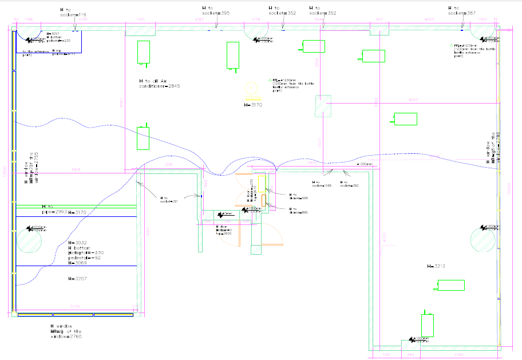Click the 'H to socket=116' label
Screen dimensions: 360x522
(73, 13)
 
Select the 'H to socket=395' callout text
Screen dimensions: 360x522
(216, 10)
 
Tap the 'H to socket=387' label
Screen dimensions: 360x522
(461, 10)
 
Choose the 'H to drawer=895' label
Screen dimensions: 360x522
(298, 211)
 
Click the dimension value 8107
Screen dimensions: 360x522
(412, 100)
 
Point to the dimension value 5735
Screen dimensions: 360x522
(75, 307)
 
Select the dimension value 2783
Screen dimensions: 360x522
(458, 355)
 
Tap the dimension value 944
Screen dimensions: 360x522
(410, 355)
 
